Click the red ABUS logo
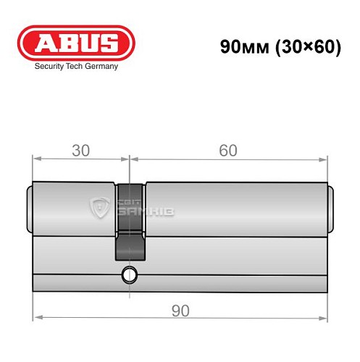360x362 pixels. pos(75,43)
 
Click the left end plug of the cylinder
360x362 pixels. pos(30,210)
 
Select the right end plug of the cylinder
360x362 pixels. pos(331,210)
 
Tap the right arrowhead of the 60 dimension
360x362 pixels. pos(324,159)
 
